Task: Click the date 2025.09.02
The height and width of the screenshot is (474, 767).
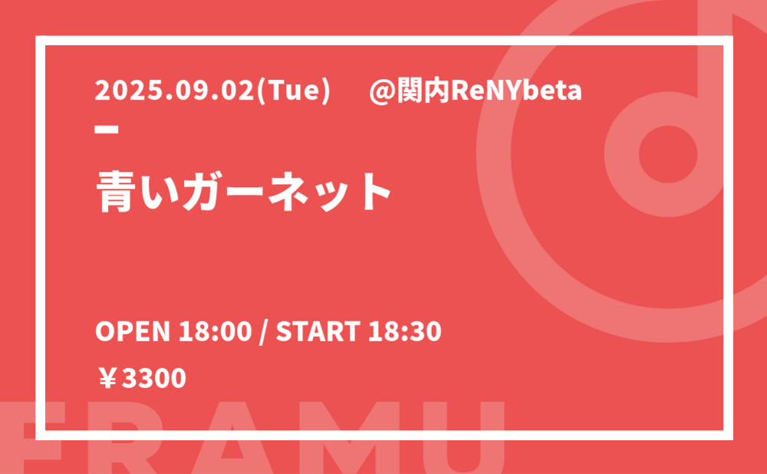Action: pyautogui.click(x=175, y=91)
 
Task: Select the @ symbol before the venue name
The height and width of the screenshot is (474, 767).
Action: pyautogui.click(x=382, y=92)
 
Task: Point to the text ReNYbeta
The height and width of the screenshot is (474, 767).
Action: pyautogui.click(x=516, y=91)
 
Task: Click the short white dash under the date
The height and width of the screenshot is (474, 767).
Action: pyautogui.click(x=107, y=130)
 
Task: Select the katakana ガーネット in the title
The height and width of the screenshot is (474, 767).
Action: pyautogui.click(x=287, y=192)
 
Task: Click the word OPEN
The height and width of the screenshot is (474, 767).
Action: pyautogui.click(x=133, y=331)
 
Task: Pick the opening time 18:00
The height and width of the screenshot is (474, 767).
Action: pyautogui.click(x=215, y=331)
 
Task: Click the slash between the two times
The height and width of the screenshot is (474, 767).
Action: pyautogui.click(x=264, y=332)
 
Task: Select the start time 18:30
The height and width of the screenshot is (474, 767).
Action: pyautogui.click(x=405, y=331)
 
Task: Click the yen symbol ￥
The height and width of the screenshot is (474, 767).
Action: pyautogui.click(x=107, y=379)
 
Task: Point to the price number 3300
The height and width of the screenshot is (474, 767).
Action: pyautogui.click(x=154, y=379)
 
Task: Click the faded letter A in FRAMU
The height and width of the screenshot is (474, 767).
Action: pyautogui.click(x=232, y=437)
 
